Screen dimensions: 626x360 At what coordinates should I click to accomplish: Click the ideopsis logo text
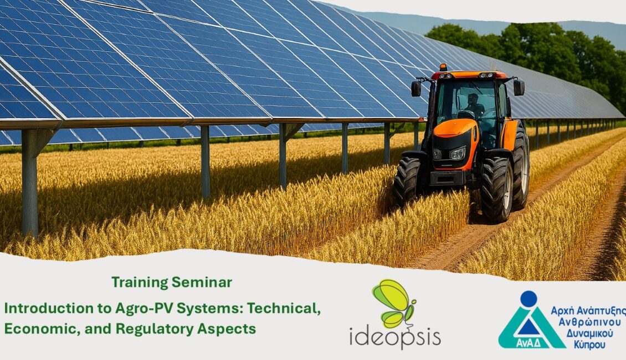[x=395, y=336]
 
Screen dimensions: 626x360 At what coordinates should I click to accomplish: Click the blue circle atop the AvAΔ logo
[x=528, y=299]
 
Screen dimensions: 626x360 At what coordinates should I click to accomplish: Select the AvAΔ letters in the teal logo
[x=528, y=343]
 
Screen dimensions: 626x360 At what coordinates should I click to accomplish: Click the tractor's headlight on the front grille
[x=458, y=153]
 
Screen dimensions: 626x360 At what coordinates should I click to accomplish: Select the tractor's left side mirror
[x=416, y=88]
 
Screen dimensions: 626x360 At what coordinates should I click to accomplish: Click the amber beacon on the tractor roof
[x=443, y=68]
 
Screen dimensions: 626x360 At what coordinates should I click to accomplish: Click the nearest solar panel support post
[x=29, y=182]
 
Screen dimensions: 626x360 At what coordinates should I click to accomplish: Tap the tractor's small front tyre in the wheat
[x=407, y=181]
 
